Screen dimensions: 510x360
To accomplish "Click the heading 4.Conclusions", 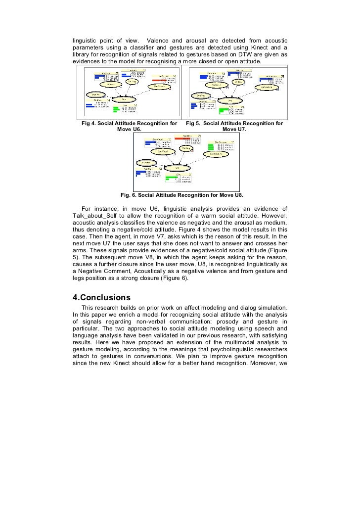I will tap(101, 297).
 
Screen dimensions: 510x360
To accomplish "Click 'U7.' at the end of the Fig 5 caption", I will tap(238, 130).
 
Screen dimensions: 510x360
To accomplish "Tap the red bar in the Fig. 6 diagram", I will tap(186, 139).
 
